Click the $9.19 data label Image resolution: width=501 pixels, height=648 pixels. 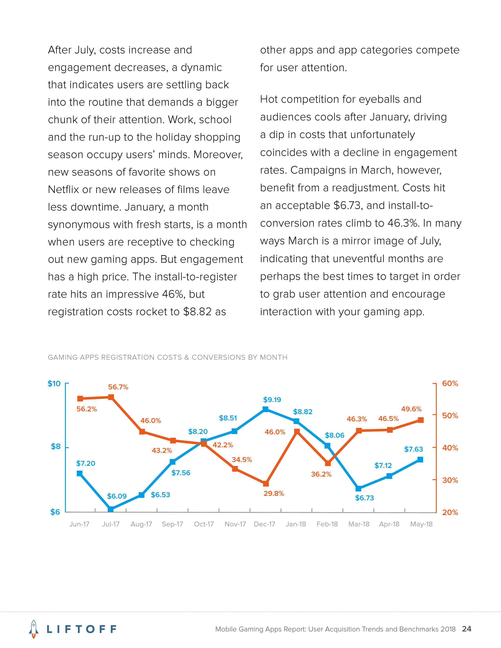tap(272, 400)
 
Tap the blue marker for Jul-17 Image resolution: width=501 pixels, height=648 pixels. tap(111, 509)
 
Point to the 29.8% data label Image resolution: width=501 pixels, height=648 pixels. tap(274, 493)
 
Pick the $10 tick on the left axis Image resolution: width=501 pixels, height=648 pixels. tap(54, 384)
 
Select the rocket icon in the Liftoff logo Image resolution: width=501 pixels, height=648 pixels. tap(34, 629)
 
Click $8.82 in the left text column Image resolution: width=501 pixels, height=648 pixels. tap(197, 312)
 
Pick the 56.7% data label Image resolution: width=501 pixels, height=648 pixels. tap(118, 387)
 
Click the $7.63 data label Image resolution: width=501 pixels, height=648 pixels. tap(413, 449)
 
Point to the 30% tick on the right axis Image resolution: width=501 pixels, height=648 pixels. tap(450, 480)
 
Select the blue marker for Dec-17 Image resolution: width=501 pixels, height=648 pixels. tap(266, 409)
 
